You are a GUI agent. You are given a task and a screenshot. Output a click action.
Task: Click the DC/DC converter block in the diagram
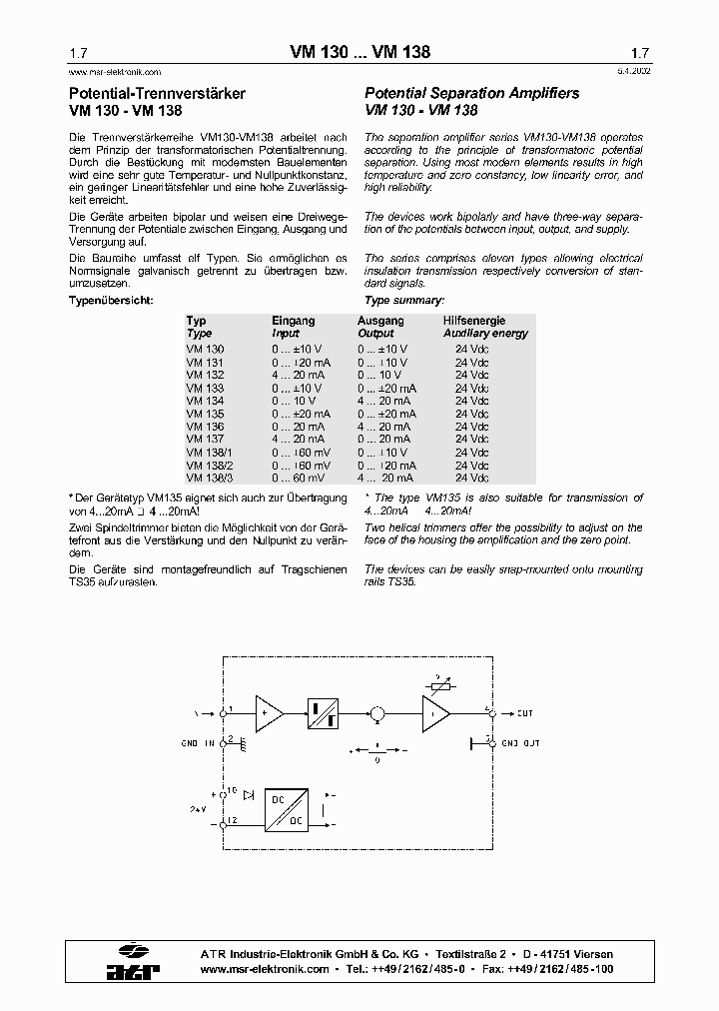click(x=287, y=810)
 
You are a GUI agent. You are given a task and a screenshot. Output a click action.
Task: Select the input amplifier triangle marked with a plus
click(x=268, y=713)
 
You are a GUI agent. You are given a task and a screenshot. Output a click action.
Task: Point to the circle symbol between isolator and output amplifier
click(x=377, y=713)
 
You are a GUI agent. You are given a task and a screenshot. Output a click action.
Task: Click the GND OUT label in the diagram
click(x=520, y=743)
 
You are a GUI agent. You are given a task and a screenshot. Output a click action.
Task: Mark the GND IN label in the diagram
click(x=198, y=743)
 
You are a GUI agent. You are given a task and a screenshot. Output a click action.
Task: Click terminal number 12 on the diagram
click(x=231, y=820)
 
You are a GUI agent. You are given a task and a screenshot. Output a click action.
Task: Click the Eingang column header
click(x=293, y=321)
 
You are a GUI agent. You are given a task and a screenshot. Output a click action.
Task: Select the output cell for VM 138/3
click(x=383, y=479)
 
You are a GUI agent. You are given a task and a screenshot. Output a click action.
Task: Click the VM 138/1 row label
click(x=208, y=453)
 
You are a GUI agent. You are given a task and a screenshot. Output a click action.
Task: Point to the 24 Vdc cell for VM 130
click(x=471, y=349)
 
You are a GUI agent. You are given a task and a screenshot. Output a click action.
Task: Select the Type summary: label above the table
click(x=404, y=300)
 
